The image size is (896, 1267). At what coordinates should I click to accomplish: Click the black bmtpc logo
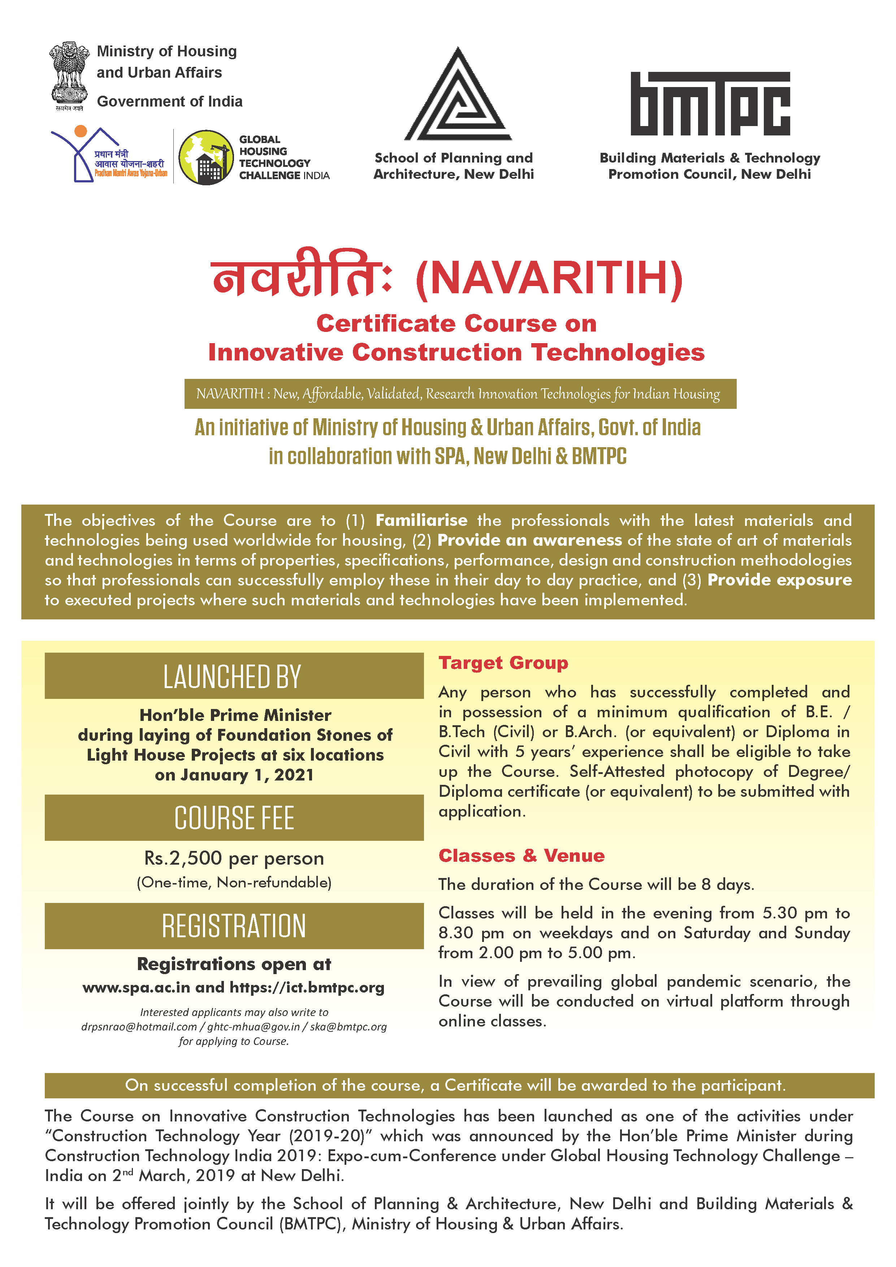(710, 104)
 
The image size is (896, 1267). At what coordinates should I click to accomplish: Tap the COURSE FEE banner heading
(234, 818)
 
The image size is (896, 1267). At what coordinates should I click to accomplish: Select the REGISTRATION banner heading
(234, 926)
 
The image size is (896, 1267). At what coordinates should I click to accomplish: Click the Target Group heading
(503, 663)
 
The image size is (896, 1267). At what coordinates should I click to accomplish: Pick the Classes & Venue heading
(521, 855)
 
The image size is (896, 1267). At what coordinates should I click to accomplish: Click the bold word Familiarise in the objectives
(421, 520)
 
